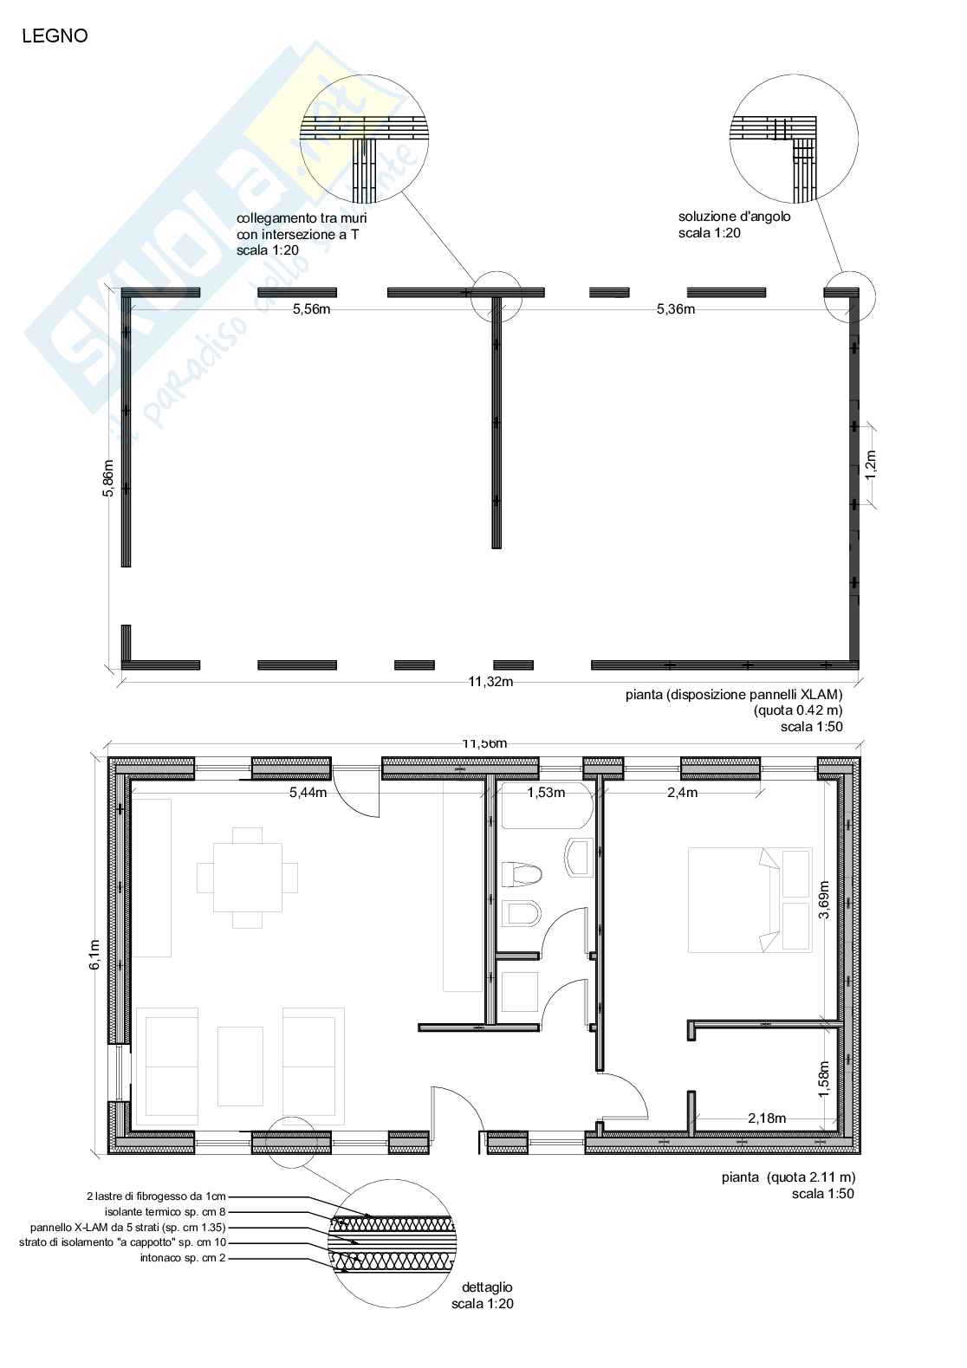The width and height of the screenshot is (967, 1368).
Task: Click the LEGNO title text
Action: click(x=55, y=36)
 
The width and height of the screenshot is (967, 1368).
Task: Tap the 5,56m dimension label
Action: click(x=312, y=309)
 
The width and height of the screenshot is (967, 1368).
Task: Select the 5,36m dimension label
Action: click(x=676, y=309)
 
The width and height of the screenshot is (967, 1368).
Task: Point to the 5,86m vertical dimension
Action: click(x=108, y=478)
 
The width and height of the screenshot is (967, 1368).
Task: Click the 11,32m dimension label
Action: click(x=490, y=682)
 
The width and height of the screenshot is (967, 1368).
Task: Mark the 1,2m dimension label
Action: click(x=871, y=464)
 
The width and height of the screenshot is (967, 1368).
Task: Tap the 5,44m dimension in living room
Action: click(x=308, y=793)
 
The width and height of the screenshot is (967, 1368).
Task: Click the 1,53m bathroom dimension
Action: click(x=546, y=793)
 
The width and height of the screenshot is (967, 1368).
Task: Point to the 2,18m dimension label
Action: click(x=767, y=1118)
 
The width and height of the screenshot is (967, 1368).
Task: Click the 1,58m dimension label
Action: click(x=824, y=1079)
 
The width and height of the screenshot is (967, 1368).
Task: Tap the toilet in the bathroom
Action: click(x=522, y=874)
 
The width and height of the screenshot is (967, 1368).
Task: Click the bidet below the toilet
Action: click(x=522, y=914)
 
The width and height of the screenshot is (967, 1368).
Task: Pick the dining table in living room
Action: click(x=248, y=878)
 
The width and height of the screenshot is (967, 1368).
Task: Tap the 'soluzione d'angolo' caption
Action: click(x=734, y=217)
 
